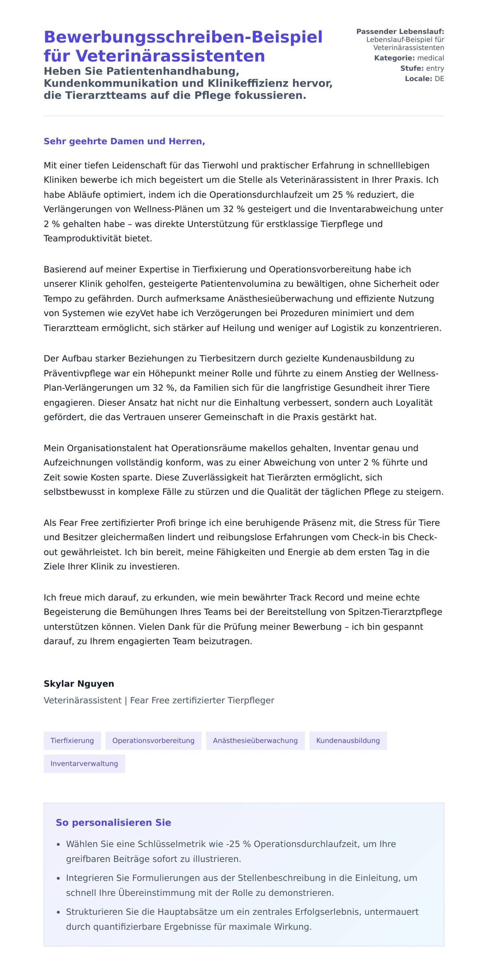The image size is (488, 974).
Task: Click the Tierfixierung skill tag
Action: pyautogui.click(x=72, y=740)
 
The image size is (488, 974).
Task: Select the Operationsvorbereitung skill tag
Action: pyautogui.click(x=153, y=740)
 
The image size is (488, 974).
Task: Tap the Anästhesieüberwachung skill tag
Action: pyautogui.click(x=255, y=740)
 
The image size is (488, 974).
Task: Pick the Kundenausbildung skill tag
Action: pyautogui.click(x=348, y=740)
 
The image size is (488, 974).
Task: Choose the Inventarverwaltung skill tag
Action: pyautogui.click(x=84, y=763)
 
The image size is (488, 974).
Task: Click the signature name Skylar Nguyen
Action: pyautogui.click(x=79, y=683)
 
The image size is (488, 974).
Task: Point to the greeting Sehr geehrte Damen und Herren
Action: pyautogui.click(x=124, y=141)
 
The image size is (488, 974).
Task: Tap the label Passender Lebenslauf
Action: pyautogui.click(x=400, y=31)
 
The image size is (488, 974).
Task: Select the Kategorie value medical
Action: pyautogui.click(x=431, y=58)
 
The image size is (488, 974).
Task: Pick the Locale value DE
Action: pyautogui.click(x=439, y=79)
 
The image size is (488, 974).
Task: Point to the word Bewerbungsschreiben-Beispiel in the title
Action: pyautogui.click(x=183, y=37)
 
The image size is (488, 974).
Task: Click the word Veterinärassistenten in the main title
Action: pyautogui.click(x=170, y=56)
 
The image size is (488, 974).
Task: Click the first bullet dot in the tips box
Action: pyautogui.click(x=59, y=845)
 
